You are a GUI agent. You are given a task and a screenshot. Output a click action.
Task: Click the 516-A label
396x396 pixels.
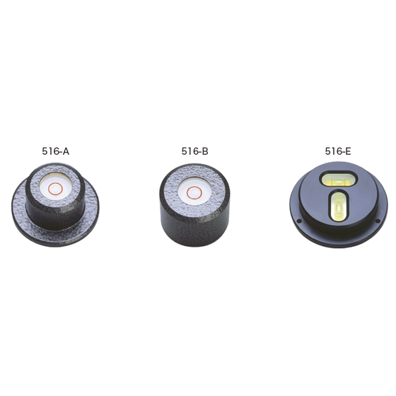(x=56, y=151)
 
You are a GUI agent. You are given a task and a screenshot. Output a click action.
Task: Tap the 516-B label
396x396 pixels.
(x=194, y=151)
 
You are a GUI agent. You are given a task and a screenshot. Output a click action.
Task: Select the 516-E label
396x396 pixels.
(x=338, y=151)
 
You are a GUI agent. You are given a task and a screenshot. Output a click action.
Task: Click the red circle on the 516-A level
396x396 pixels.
(x=55, y=190)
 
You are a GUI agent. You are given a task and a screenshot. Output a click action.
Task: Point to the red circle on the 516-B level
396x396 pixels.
(x=194, y=193)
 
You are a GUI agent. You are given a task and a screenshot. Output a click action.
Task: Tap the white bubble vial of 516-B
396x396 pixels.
(x=194, y=192)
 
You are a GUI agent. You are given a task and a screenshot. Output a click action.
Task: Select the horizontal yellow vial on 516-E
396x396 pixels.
(x=339, y=180)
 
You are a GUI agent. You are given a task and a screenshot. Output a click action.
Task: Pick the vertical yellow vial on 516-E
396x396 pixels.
(x=339, y=206)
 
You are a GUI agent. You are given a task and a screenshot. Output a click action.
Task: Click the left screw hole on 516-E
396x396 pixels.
(x=299, y=221)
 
